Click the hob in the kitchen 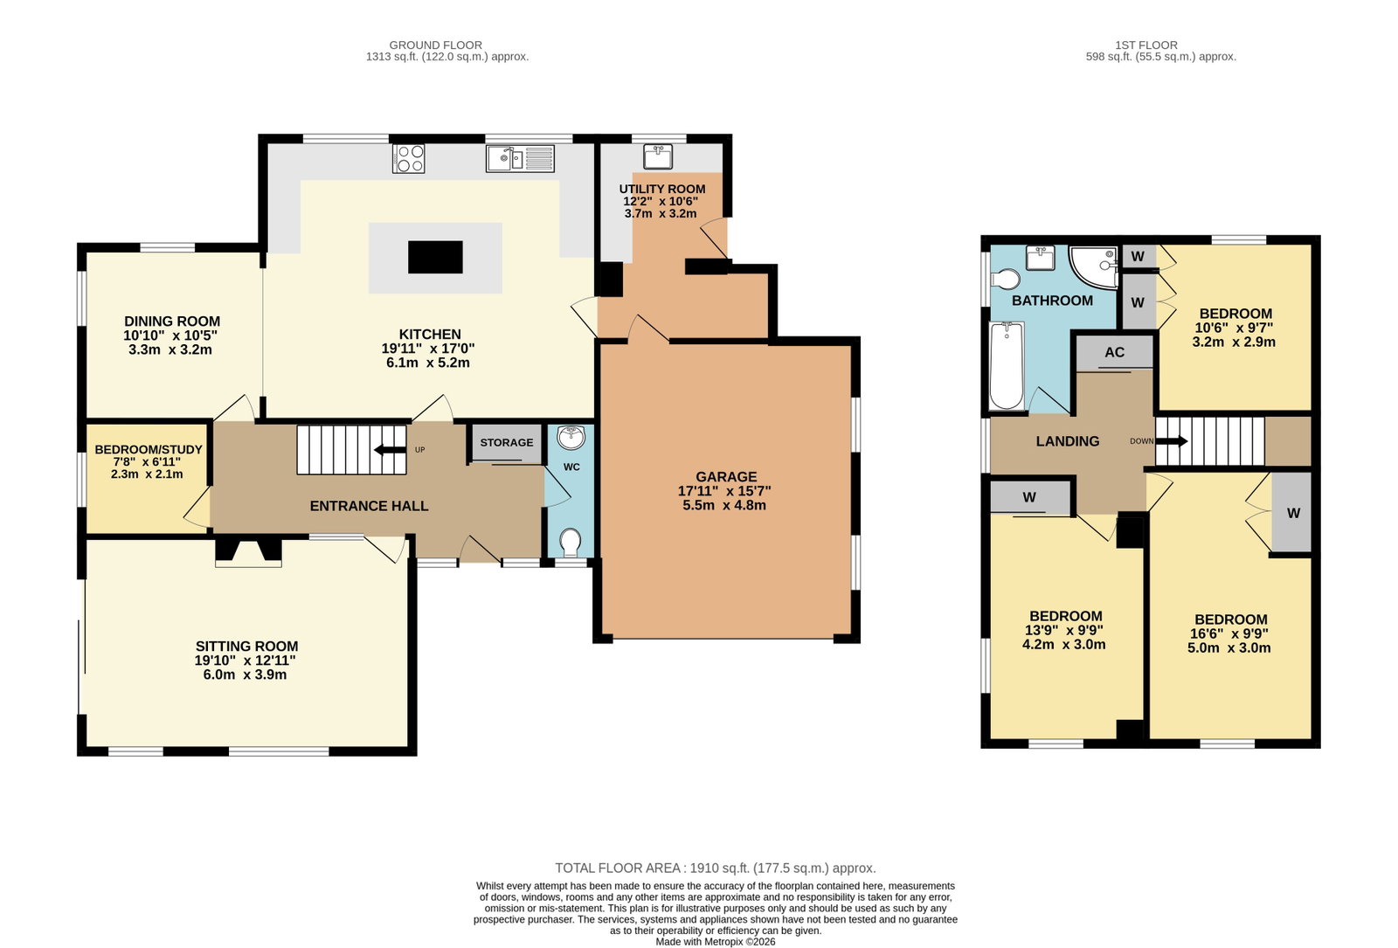click(x=408, y=158)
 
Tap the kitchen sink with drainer click(x=520, y=158)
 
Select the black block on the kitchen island click(x=435, y=257)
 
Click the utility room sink click(x=658, y=156)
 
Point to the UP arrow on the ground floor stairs click(x=390, y=450)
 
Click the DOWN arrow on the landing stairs click(x=1172, y=441)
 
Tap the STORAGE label click(x=507, y=442)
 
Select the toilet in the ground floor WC click(x=570, y=543)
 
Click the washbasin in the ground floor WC click(x=571, y=438)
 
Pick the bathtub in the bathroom click(x=1007, y=366)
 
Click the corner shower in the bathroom click(x=1093, y=267)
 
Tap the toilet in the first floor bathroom click(x=1005, y=279)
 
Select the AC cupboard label click(x=1115, y=352)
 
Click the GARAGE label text click(x=726, y=477)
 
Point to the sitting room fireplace click(x=248, y=553)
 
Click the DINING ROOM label click(x=172, y=322)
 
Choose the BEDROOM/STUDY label click(x=149, y=449)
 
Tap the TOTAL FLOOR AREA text click(x=716, y=868)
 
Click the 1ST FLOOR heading click(x=1146, y=45)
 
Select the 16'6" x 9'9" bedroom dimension click(x=1228, y=633)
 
